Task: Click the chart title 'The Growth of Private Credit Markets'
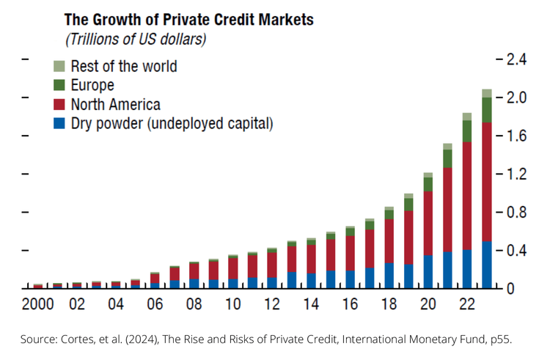pyautogui.click(x=189, y=18)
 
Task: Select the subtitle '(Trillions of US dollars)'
pyautogui.click(x=136, y=38)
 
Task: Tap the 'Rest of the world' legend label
pyautogui.click(x=123, y=66)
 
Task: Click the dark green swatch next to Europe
pyautogui.click(x=60, y=85)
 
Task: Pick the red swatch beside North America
pyautogui.click(x=60, y=104)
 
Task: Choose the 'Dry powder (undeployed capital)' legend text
pyautogui.click(x=172, y=123)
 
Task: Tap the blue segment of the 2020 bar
pyautogui.click(x=428, y=271)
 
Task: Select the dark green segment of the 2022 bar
pyautogui.click(x=466, y=131)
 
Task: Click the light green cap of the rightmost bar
pyautogui.click(x=485, y=93)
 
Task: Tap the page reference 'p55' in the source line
pyautogui.click(x=503, y=339)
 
